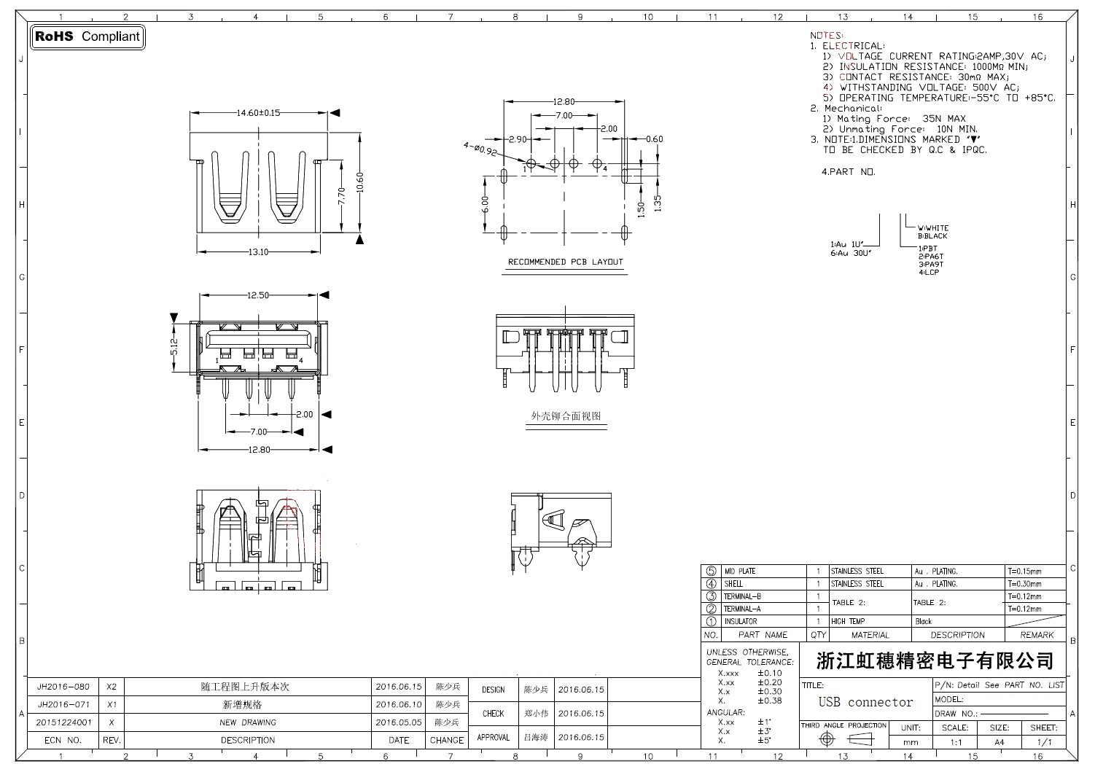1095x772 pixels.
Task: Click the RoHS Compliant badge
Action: (87, 36)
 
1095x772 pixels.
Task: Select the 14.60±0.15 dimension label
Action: (258, 113)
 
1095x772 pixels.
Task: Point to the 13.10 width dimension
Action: (259, 252)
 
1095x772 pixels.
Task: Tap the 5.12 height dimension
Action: (174, 346)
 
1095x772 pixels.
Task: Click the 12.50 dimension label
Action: (258, 295)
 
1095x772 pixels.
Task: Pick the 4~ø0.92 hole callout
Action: (479, 149)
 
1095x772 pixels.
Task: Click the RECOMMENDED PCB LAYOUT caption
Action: (565, 262)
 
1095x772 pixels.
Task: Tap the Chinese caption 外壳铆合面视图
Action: (566, 416)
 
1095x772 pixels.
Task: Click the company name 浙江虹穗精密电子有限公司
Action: (935, 661)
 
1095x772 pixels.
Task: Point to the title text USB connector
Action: (865, 702)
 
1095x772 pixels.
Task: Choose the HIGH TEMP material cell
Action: (848, 622)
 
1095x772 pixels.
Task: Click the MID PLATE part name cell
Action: (739, 572)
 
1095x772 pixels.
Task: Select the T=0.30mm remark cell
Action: (1024, 584)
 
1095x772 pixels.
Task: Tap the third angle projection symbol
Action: (843, 739)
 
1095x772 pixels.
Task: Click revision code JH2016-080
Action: (63, 687)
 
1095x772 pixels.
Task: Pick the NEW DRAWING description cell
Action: (248, 722)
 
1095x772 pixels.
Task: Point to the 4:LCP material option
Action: (929, 273)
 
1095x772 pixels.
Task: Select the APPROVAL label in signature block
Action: (493, 737)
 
